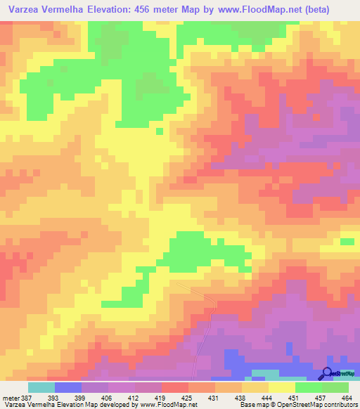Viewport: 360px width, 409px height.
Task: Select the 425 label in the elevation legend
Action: tap(186, 398)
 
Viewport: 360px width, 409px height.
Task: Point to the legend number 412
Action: tap(134, 398)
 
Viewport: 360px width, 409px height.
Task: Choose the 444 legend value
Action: tap(266, 398)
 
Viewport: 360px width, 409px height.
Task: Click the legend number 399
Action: tap(81, 398)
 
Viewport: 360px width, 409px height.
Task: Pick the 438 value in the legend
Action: tap(239, 398)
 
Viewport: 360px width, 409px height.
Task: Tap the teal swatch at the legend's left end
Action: tap(41, 387)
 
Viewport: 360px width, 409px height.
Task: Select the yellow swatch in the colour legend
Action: tap(282, 387)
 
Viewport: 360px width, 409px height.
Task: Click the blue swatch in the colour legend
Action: tap(68, 387)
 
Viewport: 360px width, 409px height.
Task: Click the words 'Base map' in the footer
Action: tap(251, 405)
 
